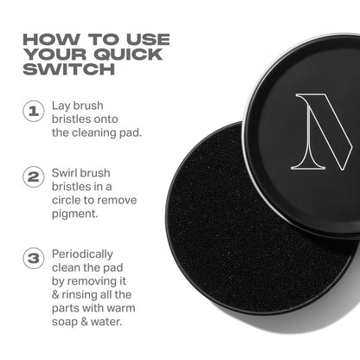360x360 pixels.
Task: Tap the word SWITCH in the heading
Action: coord(61,73)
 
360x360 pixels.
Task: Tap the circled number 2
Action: coord(31,177)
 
